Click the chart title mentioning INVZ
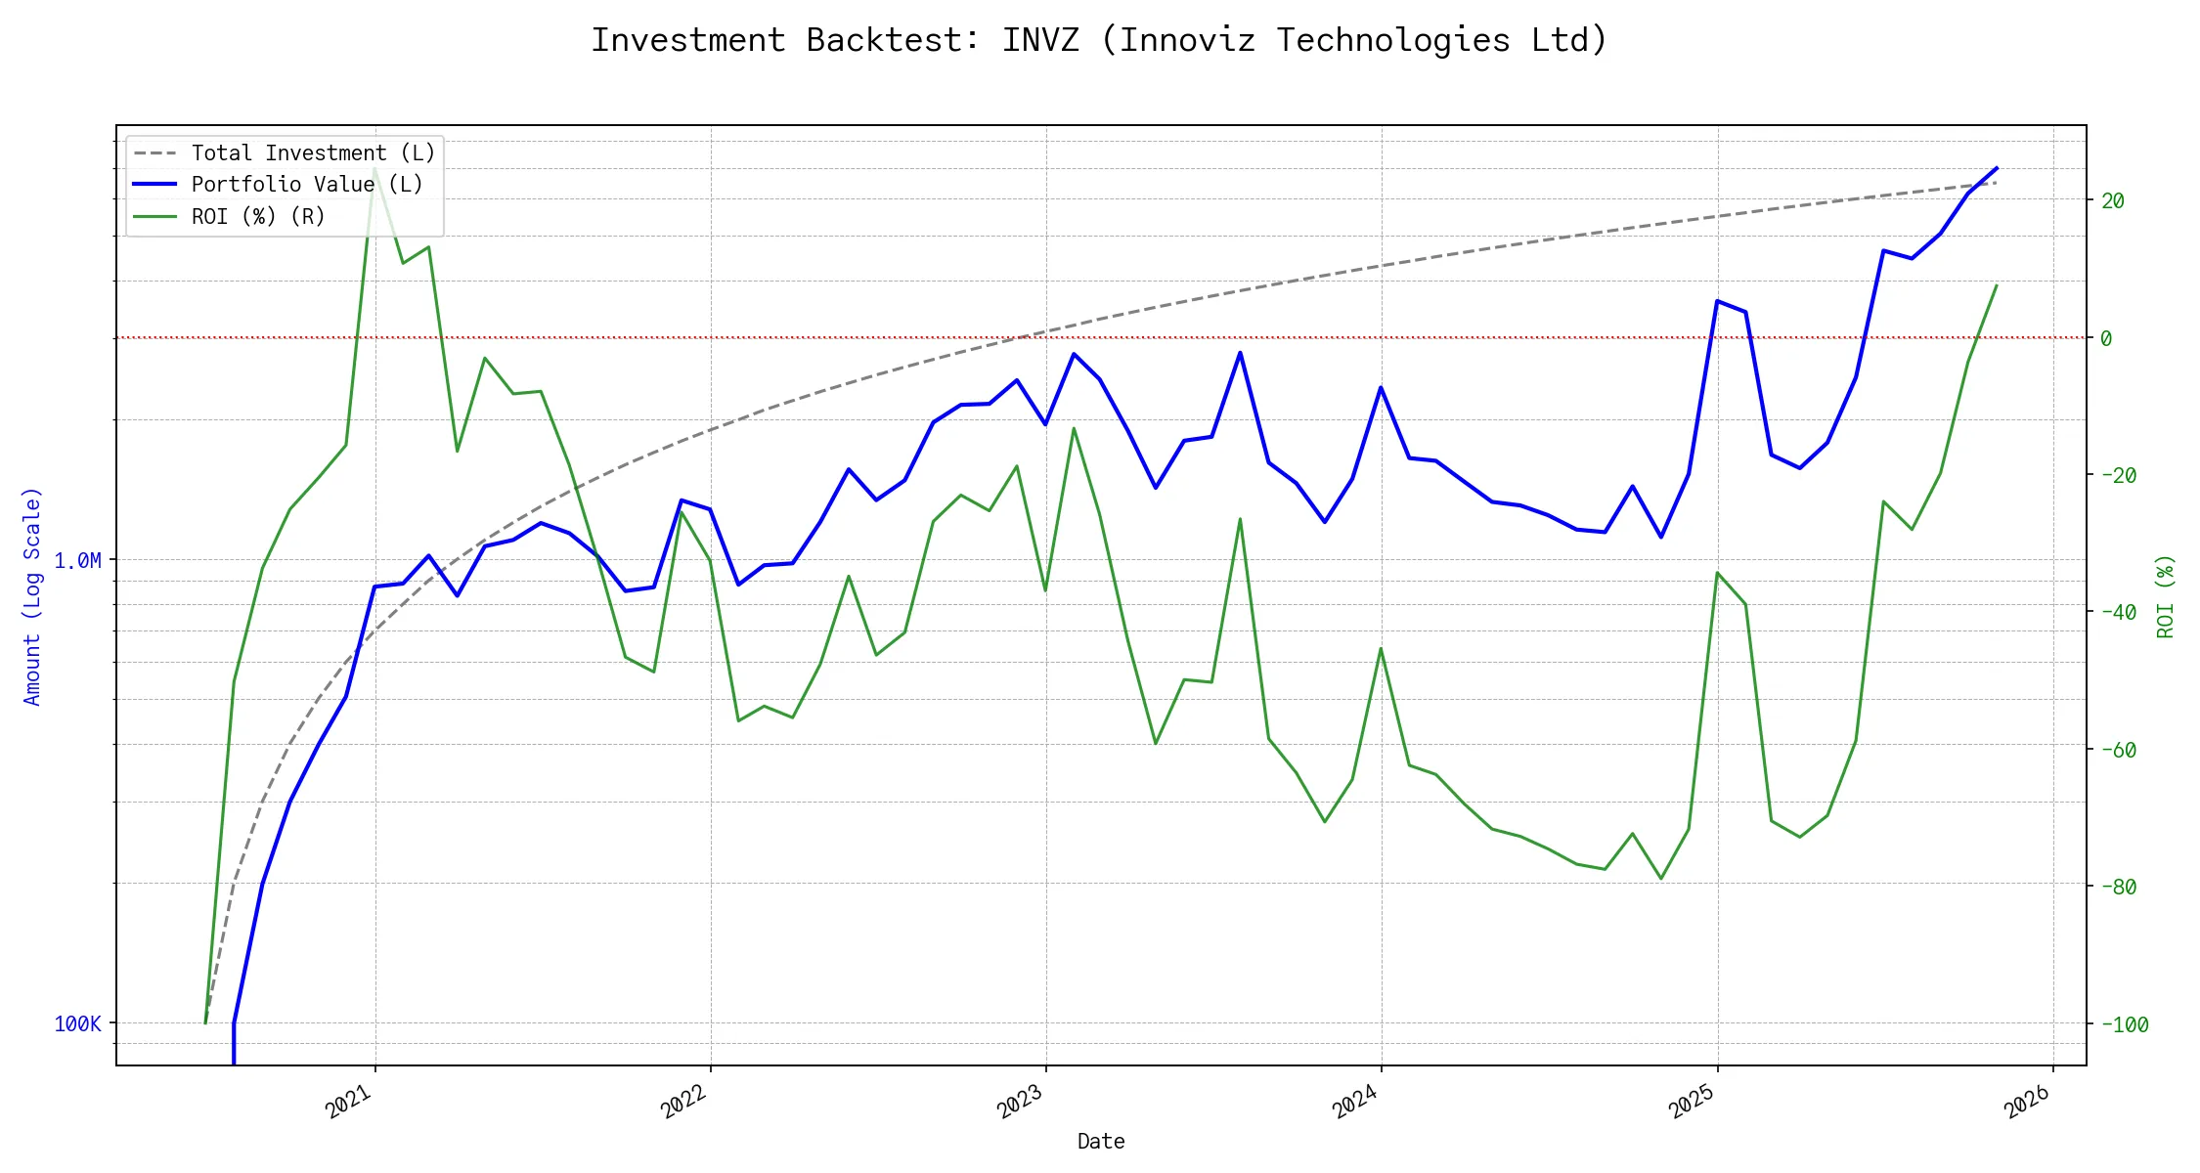click(x=1099, y=40)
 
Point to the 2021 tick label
click(x=349, y=1103)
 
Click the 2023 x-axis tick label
click(x=1020, y=1103)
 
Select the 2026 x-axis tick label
click(x=2027, y=1103)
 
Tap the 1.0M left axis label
click(x=77, y=560)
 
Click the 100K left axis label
click(x=77, y=1023)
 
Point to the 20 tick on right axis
click(x=2112, y=200)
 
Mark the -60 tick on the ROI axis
click(x=2118, y=750)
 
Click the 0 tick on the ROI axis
click(x=2106, y=338)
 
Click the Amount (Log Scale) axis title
click(x=32, y=596)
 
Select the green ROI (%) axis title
click(x=2165, y=596)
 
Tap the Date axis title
click(x=1101, y=1141)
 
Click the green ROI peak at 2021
click(x=374, y=168)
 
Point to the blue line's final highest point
click(x=1996, y=168)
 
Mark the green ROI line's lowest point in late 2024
click(x=1660, y=879)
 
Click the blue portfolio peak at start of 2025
click(x=1717, y=301)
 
